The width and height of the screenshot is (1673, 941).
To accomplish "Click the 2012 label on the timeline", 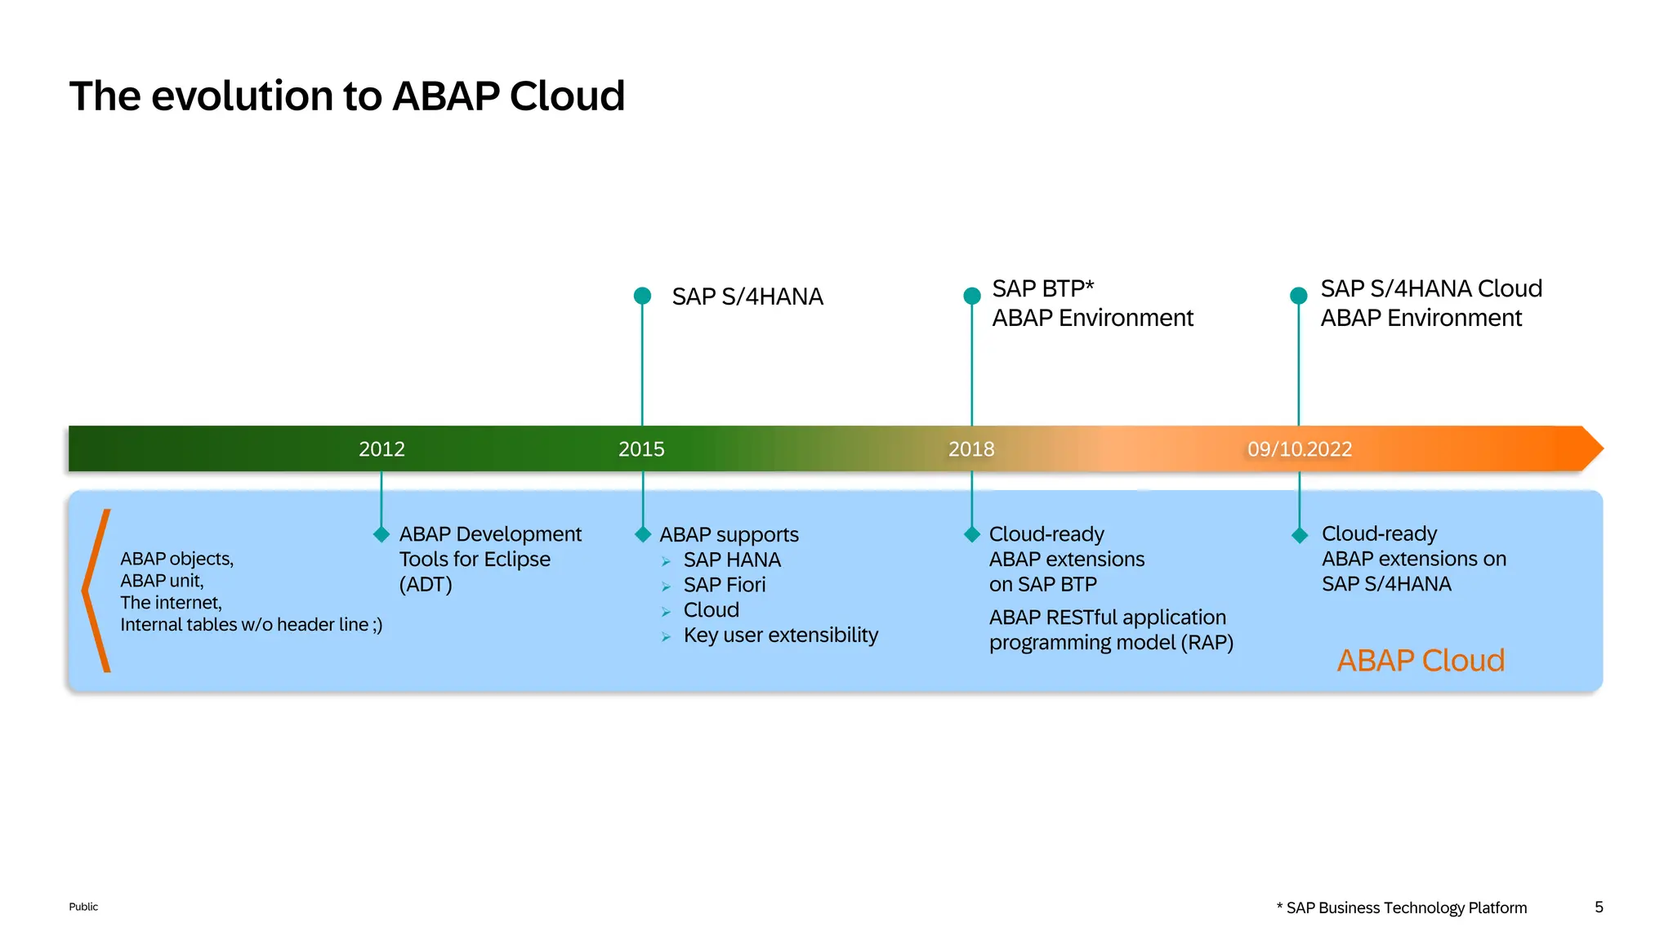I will pyautogui.click(x=381, y=449).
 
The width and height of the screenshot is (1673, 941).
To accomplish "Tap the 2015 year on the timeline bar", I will pyautogui.click(x=641, y=449).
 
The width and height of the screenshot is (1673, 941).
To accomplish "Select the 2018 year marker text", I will pyautogui.click(x=971, y=449).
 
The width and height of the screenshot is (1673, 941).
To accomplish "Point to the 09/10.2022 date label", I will pyautogui.click(x=1299, y=449).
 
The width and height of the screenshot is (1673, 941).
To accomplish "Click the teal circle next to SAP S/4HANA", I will pyautogui.click(x=643, y=296).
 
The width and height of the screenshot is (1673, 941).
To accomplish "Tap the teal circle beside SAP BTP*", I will pyautogui.click(x=972, y=296).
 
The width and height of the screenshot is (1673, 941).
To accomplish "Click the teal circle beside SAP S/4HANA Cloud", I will pyautogui.click(x=1299, y=296).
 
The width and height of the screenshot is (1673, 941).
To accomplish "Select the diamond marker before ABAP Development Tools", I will pyautogui.click(x=381, y=535).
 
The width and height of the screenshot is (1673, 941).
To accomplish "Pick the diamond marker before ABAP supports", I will pyautogui.click(x=643, y=535).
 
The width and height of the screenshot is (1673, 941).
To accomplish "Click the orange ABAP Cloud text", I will pyautogui.click(x=1420, y=660).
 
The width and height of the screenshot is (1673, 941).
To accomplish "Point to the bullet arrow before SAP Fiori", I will pyautogui.click(x=667, y=586).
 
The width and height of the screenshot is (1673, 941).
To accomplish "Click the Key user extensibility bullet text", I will pyautogui.click(x=780, y=636).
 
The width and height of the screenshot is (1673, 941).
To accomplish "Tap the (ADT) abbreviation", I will pyautogui.click(x=426, y=585).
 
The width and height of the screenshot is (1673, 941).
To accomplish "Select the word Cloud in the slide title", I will pyautogui.click(x=567, y=96).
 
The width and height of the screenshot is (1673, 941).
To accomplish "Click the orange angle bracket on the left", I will pyautogui.click(x=95, y=590).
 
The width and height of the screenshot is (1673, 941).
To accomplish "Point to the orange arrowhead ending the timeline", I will pyautogui.click(x=1592, y=448).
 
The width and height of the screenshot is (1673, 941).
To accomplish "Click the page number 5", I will pyautogui.click(x=1599, y=908).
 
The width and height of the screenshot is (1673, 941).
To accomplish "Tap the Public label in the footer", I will pyautogui.click(x=83, y=907).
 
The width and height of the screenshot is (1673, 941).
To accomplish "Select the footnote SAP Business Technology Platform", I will pyautogui.click(x=1406, y=908).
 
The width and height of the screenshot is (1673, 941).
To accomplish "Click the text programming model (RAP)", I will pyautogui.click(x=1111, y=643).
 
